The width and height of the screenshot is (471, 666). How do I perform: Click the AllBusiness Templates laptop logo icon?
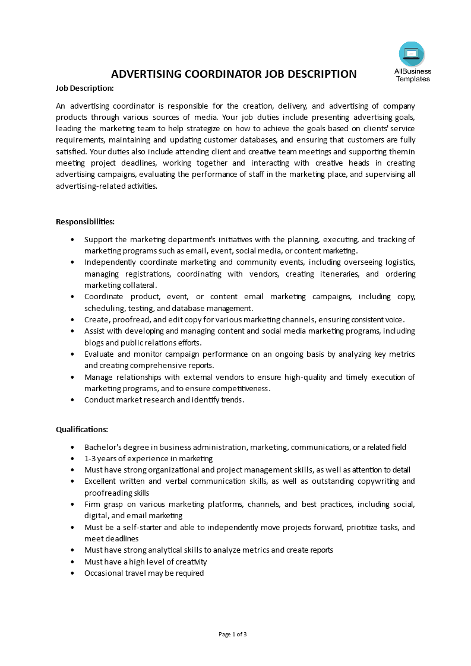[412, 54]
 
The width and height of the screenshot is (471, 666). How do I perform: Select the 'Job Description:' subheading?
[84, 88]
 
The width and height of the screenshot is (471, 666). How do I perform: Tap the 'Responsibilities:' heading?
[85, 221]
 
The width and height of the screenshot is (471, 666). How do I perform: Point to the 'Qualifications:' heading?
[82, 429]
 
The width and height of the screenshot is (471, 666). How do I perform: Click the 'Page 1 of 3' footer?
[233, 634]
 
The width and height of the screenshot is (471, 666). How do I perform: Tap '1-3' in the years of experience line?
[91, 458]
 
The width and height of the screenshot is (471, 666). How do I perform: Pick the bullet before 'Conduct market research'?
[72, 400]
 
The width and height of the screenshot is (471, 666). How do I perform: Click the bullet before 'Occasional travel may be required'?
[72, 573]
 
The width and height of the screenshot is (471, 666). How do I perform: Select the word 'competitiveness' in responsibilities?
[242, 388]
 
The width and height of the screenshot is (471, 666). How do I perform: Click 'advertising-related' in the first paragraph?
[90, 186]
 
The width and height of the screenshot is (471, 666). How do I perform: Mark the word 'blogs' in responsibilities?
[94, 342]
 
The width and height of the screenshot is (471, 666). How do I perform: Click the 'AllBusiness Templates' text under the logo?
[413, 75]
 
